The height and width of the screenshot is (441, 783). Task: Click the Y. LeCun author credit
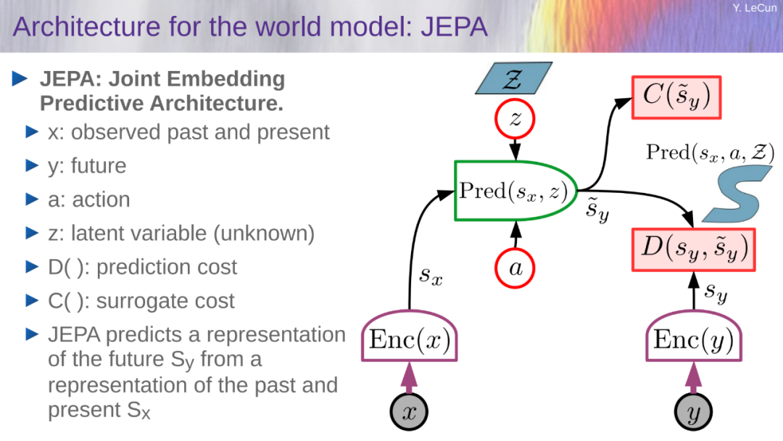point(755,8)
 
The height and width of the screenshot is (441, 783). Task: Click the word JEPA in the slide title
point(454,26)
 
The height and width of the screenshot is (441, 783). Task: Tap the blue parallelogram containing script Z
point(514,78)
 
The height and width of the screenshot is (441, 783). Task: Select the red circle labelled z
point(515,120)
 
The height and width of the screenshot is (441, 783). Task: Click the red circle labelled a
point(515,268)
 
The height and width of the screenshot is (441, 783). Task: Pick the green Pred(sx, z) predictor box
point(516,191)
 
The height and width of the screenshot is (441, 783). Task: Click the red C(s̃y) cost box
point(676,97)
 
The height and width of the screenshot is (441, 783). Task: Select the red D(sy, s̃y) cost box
point(693,250)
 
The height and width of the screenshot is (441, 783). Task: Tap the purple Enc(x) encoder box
point(410,337)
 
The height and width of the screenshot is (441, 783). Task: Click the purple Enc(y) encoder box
point(694,337)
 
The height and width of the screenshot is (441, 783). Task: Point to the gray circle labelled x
point(409,412)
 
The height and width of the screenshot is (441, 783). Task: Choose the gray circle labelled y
point(693,412)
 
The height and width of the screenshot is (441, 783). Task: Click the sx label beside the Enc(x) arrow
point(431,275)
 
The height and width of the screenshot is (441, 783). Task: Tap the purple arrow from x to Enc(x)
point(410,378)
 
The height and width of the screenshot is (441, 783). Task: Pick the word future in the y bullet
point(99,166)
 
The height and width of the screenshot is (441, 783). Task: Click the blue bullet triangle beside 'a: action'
point(32,199)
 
